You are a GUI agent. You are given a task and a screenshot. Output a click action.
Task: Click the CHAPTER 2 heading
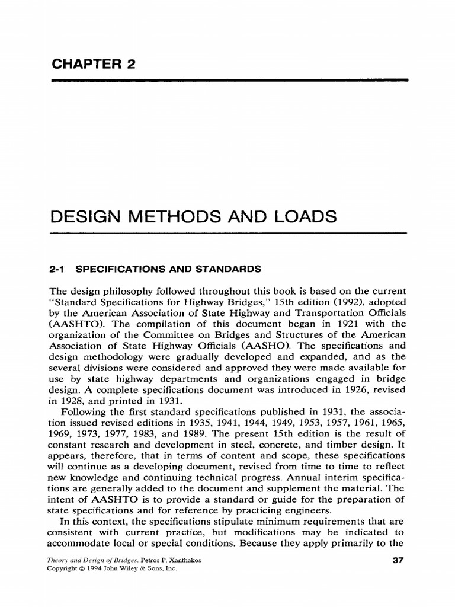point(94,64)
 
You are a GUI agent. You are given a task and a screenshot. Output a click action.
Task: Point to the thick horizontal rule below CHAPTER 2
point(230,79)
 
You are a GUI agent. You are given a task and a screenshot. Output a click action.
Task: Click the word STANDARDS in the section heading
point(232,269)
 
